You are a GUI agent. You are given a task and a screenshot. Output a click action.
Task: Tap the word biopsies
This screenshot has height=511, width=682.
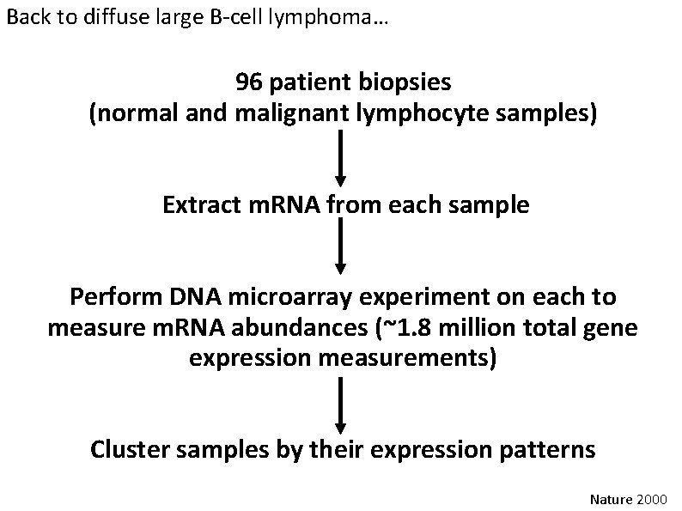tap(405, 83)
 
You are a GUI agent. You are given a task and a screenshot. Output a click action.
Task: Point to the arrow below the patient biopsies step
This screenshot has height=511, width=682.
tap(341, 158)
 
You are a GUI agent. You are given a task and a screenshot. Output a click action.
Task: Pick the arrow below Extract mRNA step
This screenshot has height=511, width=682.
tap(341, 246)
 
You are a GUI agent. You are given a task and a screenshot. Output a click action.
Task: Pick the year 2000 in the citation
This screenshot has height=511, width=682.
tap(653, 497)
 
